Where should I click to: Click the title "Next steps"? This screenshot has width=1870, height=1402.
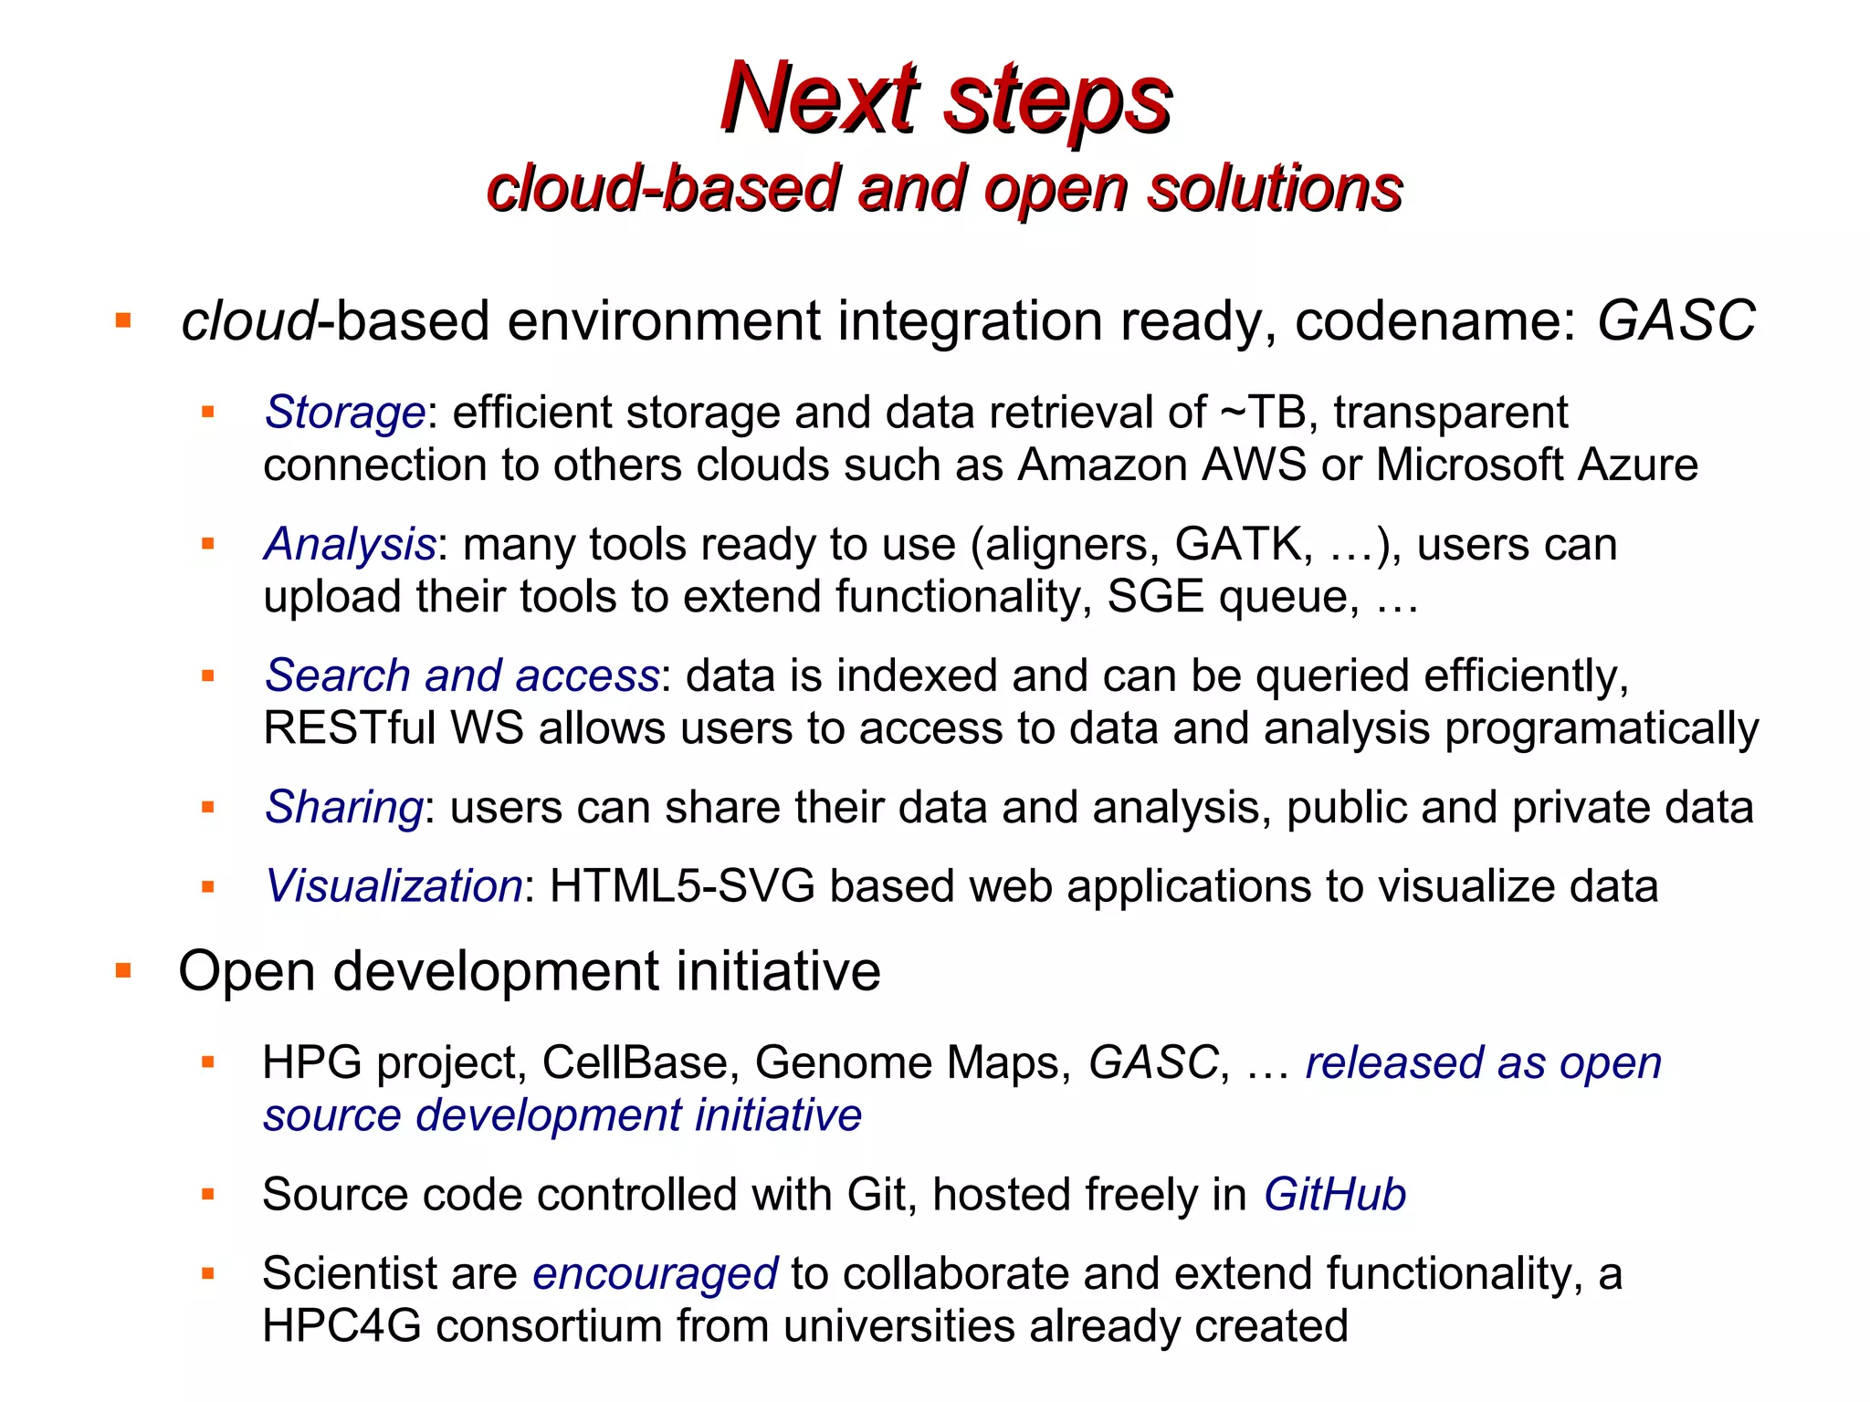pos(946,99)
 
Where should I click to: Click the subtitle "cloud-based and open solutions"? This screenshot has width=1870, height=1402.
pos(944,189)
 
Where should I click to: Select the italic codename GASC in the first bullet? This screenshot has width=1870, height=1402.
pos(1676,320)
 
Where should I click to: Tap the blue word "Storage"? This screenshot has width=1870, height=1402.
pos(344,413)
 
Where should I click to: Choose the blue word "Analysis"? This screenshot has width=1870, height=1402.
pos(350,544)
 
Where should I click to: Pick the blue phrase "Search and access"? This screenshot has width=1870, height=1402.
pos(461,675)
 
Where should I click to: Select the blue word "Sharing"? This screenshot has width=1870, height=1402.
pos(343,808)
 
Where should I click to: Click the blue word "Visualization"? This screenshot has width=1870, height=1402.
pos(393,886)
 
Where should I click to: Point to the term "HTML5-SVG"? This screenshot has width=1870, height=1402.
pos(682,886)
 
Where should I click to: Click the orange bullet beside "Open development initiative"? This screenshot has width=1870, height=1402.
pos(124,970)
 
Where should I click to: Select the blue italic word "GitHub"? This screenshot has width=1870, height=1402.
pos(1334,1195)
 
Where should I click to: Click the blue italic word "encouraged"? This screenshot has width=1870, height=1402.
pos(655,1273)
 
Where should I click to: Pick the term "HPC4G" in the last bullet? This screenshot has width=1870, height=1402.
pos(341,1326)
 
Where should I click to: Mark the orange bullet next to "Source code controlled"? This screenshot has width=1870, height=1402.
pos(208,1195)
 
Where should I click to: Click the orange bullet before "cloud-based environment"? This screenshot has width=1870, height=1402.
pos(124,320)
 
